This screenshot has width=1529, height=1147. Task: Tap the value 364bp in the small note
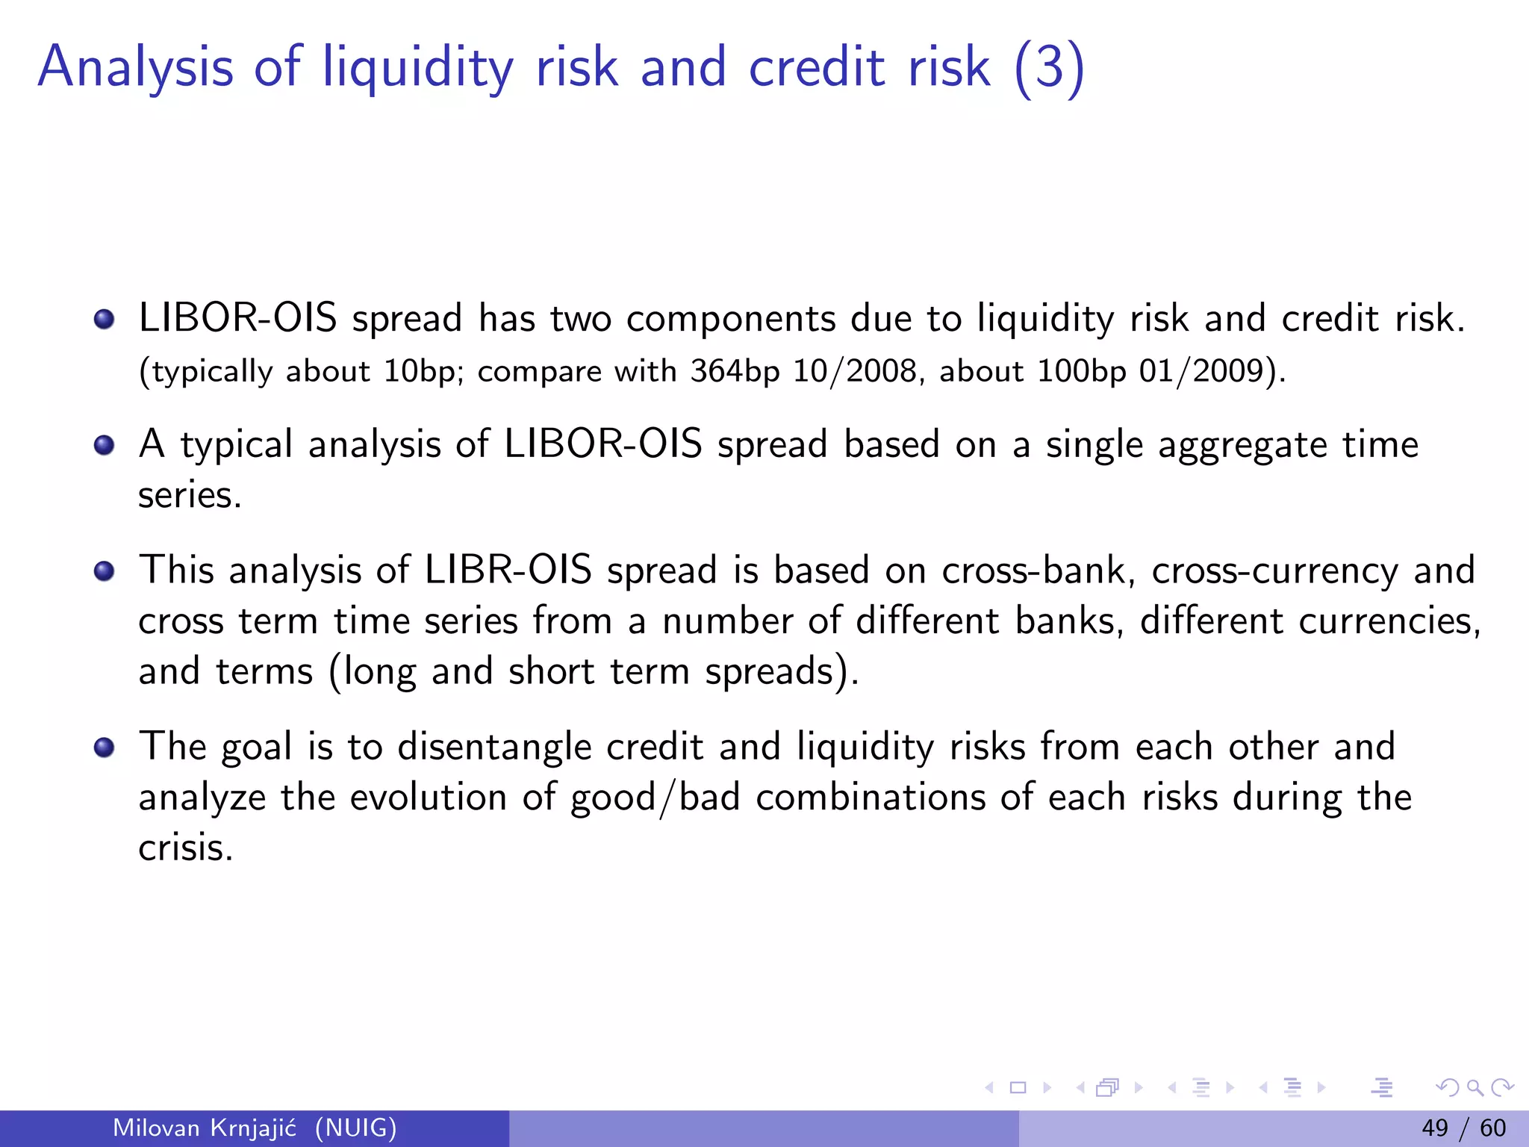(735, 371)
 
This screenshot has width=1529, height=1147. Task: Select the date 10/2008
(854, 371)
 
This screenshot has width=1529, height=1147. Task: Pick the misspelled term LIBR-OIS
(508, 571)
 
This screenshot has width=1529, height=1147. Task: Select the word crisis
(185, 848)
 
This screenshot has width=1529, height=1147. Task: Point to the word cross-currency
(1274, 571)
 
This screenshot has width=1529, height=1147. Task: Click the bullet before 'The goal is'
(105, 747)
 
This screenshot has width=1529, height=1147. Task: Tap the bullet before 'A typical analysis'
(105, 446)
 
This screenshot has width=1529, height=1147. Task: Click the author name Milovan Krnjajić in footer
(205, 1128)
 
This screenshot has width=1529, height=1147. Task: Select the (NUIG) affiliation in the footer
(355, 1128)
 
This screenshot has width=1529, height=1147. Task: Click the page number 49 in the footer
(1435, 1128)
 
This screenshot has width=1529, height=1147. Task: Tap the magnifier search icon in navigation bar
(1474, 1087)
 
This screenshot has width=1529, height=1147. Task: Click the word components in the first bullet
(730, 319)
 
